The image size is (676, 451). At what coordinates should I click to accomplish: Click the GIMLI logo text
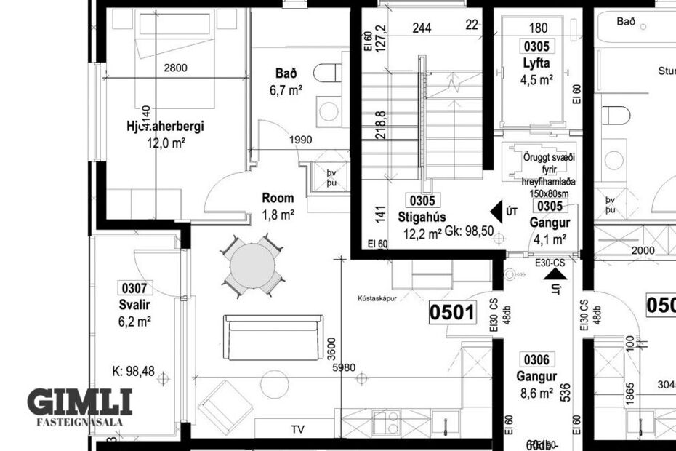pos(80,402)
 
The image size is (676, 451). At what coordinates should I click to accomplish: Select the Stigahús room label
pos(422,217)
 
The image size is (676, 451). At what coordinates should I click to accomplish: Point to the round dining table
pos(252,265)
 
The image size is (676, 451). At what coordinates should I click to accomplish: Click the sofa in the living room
pos(271,338)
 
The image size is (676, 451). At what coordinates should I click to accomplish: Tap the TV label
pos(297,429)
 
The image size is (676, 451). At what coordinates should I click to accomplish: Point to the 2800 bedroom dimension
pos(175,68)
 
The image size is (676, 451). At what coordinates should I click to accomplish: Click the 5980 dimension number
pos(343,367)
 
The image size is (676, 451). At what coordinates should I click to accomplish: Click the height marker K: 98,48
pos(129,372)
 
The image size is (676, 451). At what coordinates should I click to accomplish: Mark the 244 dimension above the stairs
pos(421,28)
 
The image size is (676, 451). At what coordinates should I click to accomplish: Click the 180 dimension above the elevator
pos(538,28)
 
